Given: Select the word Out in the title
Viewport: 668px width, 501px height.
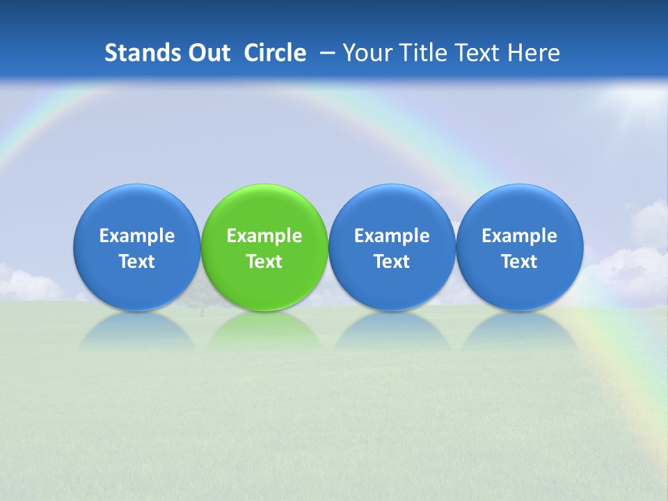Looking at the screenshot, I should coord(208,53).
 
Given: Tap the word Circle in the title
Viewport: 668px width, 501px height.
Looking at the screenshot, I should coord(275,53).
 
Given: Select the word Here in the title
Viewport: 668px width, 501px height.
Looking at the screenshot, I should coord(534,53).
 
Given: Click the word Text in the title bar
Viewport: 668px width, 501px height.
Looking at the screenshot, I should coord(479,53).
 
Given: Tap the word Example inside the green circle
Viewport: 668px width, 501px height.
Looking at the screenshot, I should coord(264,236).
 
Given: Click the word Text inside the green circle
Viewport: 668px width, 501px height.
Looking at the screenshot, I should coord(264,262).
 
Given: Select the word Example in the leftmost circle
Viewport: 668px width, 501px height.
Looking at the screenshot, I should coord(137,236).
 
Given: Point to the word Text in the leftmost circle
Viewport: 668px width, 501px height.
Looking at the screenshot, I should coord(137,262).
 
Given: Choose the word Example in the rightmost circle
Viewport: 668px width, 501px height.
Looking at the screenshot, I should coord(519,236).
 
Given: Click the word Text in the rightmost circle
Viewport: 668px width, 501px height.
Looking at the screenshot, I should coord(519,262).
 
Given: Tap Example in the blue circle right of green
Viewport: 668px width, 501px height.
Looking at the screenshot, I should coord(392,236).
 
